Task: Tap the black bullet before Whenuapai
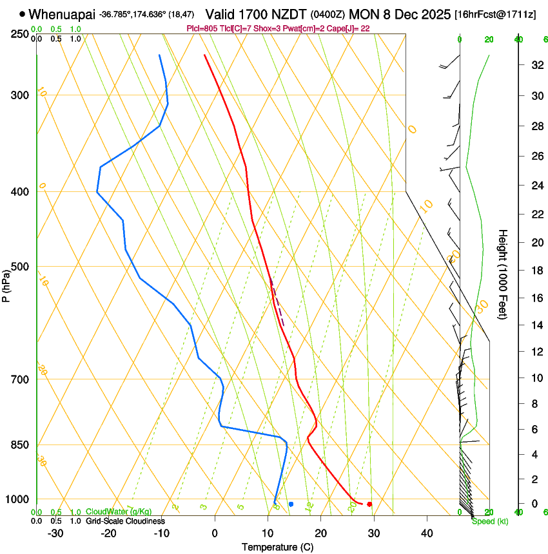pos(23,14)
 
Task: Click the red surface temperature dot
pos(369,504)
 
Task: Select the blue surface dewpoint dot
pos(291,504)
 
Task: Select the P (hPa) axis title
pos(6,284)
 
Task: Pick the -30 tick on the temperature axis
pos(55,533)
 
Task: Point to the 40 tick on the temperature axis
pos(426,533)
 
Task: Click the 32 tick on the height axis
pos(535,65)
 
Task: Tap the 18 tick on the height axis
pos(535,271)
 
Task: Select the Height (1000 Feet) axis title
pos(504,274)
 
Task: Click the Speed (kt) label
pos(490,521)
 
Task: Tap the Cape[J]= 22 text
pos(349,28)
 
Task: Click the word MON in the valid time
pos(365,14)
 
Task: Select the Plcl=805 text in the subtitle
pos(201,28)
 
